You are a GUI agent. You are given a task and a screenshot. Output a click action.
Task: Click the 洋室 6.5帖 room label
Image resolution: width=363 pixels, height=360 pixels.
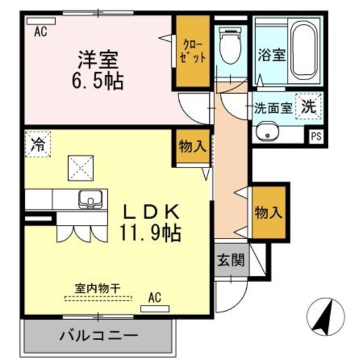pyautogui.click(x=98, y=70)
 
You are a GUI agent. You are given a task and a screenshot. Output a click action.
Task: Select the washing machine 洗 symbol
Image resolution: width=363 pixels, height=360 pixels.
pyautogui.click(x=308, y=107)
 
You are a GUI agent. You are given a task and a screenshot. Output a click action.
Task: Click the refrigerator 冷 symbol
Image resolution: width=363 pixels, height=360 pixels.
pyautogui.click(x=37, y=143)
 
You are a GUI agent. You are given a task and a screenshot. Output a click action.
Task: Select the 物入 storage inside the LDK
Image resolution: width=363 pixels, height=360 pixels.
pyautogui.click(x=192, y=146)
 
